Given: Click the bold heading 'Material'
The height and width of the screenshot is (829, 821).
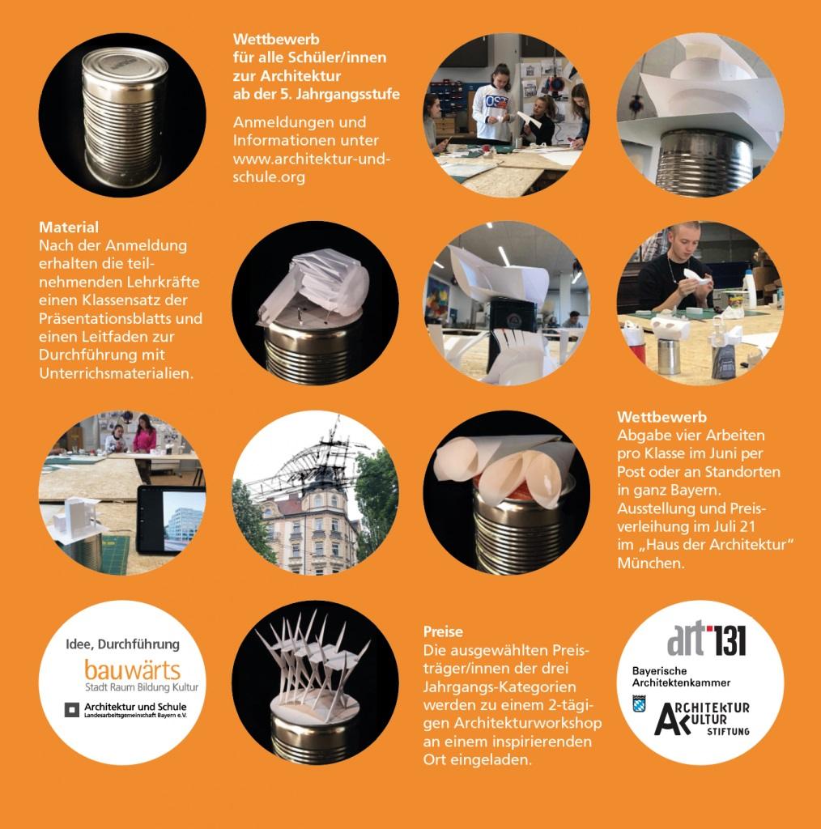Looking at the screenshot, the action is point(69,227).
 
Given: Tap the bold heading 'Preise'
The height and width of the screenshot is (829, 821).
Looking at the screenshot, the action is point(443,631).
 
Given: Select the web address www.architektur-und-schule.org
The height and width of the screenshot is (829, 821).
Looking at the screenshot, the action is point(312,168).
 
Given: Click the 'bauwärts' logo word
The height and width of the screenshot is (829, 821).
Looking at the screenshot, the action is point(132,670).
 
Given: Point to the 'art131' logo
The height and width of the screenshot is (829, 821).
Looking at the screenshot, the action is point(706,639).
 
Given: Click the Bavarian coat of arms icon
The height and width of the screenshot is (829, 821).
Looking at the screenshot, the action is point(639,704).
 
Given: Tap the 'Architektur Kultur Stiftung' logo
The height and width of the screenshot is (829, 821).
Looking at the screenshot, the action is point(702,719).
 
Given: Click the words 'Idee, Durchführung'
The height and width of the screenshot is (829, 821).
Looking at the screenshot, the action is point(122,644).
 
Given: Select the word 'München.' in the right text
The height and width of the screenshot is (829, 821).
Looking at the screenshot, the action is point(651,563).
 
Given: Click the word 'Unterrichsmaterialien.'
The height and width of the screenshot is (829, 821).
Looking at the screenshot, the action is point(117,373).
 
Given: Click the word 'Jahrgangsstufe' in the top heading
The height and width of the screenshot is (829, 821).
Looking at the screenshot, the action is point(347,94).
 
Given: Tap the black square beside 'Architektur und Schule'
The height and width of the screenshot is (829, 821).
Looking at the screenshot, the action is point(72,710).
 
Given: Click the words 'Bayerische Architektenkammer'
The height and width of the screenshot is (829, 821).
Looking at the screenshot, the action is point(682,677).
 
